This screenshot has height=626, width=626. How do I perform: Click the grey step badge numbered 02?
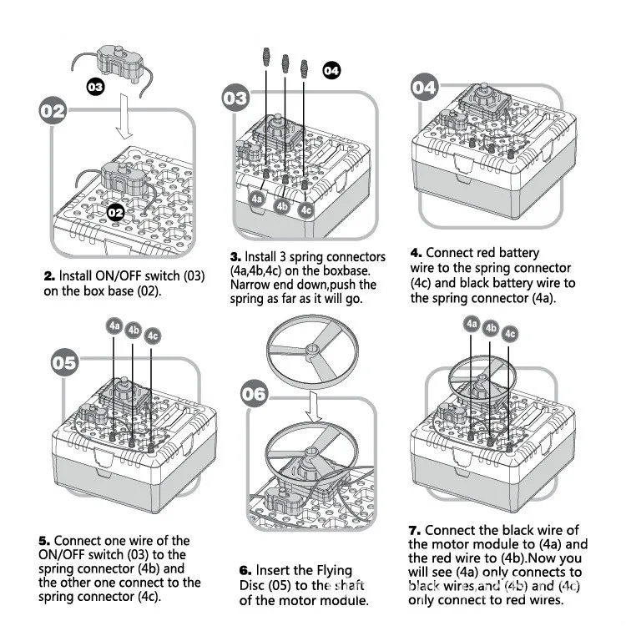tap(53, 110)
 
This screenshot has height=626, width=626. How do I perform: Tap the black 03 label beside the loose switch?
tap(95, 87)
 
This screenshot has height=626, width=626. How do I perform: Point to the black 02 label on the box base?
tap(116, 212)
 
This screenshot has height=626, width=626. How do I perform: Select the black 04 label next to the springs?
tap(331, 71)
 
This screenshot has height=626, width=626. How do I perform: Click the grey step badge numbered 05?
tap(64, 362)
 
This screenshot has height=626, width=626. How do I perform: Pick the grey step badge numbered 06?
tap(254, 394)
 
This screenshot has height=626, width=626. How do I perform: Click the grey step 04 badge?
tap(424, 87)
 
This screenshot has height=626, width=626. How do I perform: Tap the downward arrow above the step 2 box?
tap(124, 117)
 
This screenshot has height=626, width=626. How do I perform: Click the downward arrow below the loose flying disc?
tap(314, 406)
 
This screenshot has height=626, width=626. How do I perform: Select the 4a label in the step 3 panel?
tap(257, 199)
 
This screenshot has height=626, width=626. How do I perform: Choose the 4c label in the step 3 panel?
tap(305, 210)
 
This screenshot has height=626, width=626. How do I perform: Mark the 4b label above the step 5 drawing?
tap(133, 331)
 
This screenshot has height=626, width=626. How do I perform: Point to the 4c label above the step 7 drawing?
tap(510, 334)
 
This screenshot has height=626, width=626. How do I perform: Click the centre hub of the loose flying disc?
tap(312, 350)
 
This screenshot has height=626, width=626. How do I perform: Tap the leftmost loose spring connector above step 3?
tap(266, 56)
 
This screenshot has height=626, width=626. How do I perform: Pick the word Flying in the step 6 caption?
tap(332, 571)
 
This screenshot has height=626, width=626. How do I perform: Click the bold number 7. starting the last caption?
tap(415, 531)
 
